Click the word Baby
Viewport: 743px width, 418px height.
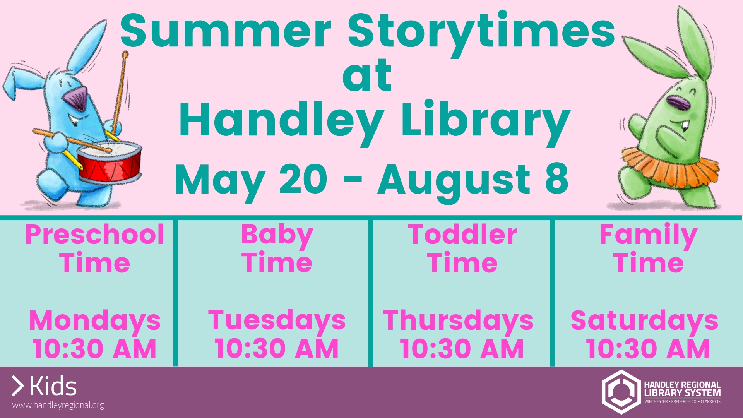click(x=277, y=235)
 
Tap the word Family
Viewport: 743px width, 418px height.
click(x=648, y=235)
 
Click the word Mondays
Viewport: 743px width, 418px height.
click(x=95, y=321)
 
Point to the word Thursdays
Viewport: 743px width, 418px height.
click(x=458, y=321)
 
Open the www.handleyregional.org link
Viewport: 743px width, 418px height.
click(x=58, y=405)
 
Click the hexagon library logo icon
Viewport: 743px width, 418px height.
click(x=621, y=392)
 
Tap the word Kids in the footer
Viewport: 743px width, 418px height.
click(x=53, y=386)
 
